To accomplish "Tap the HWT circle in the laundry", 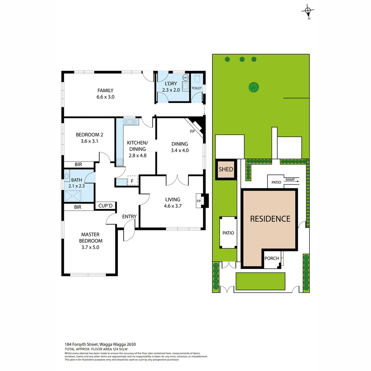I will pyautogui.click(x=185, y=77).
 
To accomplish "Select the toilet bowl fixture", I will pyautogui.click(x=197, y=79).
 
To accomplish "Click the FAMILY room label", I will pyautogui.click(x=105, y=91).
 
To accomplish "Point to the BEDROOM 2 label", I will pyautogui.click(x=89, y=135).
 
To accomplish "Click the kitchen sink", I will pyautogui.click(x=130, y=122).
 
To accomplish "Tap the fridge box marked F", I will pyautogui.click(x=132, y=181).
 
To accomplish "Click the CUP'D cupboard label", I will pyautogui.click(x=105, y=206).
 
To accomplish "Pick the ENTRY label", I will pyautogui.click(x=129, y=216).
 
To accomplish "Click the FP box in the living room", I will pyautogui.click(x=199, y=201).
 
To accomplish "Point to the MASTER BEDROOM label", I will pyautogui.click(x=90, y=238).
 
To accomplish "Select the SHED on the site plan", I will pyautogui.click(x=226, y=169).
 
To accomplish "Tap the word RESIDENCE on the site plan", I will pyautogui.click(x=270, y=219).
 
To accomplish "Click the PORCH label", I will pyautogui.click(x=271, y=258).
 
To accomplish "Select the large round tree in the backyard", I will pyautogui.click(x=254, y=87).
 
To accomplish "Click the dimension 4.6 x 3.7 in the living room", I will pyautogui.click(x=172, y=206).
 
